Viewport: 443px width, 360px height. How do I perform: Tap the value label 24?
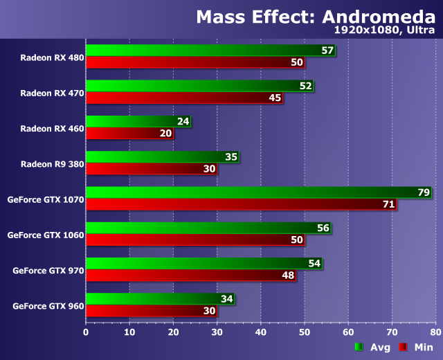click(183, 122)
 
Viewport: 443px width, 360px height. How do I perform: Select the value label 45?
click(275, 98)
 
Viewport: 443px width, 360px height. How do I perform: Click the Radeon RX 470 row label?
click(52, 92)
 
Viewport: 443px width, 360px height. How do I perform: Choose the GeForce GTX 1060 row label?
click(46, 235)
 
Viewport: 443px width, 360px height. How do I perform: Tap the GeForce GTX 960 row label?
click(48, 305)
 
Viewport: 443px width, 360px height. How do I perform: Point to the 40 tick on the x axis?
click(260, 332)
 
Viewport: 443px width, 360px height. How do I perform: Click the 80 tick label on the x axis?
click(435, 332)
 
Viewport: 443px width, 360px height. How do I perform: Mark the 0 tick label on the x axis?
click(86, 332)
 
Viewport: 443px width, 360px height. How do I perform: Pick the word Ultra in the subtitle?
click(419, 31)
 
